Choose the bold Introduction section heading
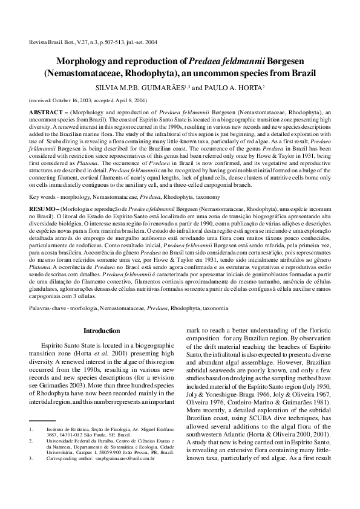102,331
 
